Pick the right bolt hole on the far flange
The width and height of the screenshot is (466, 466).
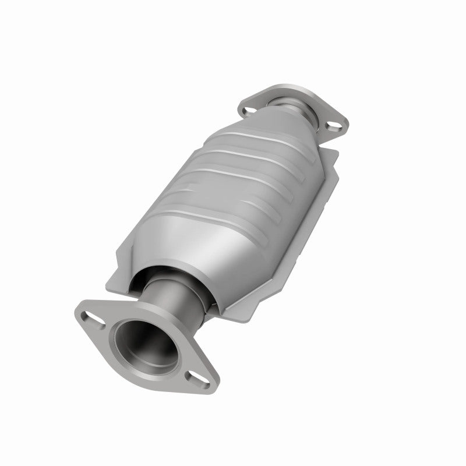point(333,124)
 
